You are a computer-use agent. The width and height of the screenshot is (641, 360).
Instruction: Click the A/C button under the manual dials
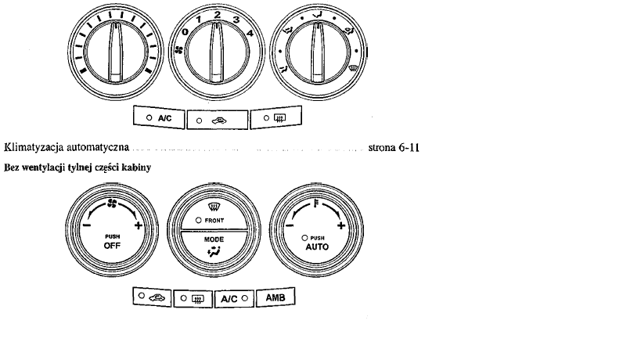(x=159, y=117)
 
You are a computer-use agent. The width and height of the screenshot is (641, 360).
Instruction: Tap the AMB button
(x=275, y=297)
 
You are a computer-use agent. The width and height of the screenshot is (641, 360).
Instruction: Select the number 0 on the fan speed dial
(x=185, y=32)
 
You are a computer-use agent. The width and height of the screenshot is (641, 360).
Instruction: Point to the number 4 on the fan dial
(x=250, y=33)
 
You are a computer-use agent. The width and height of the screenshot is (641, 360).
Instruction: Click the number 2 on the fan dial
(x=218, y=15)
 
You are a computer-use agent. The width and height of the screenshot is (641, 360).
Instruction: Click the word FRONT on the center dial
(x=214, y=220)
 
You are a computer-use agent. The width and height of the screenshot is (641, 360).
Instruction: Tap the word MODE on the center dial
(x=214, y=239)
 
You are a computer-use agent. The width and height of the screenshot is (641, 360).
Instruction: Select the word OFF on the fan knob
(x=112, y=246)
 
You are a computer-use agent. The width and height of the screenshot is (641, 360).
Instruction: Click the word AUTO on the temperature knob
(x=317, y=247)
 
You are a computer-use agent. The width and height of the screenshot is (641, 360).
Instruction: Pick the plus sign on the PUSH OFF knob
(x=139, y=225)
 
